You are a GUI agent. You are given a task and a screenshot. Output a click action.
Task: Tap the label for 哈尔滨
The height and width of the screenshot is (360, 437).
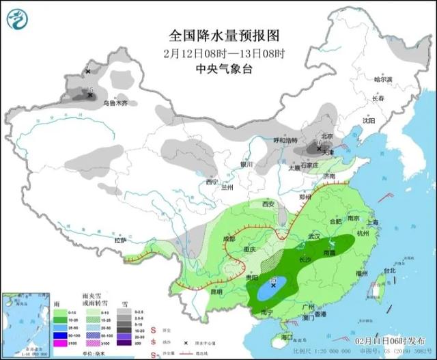click(x=384, y=80)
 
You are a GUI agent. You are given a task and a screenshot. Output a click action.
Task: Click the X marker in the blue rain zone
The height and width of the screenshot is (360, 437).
click(x=274, y=287)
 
